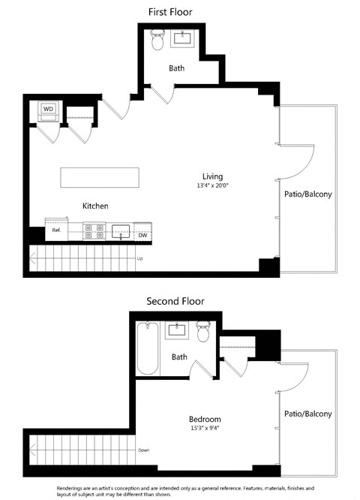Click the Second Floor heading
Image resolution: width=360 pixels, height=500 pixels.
175,301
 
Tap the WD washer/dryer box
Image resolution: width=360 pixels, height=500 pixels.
48,110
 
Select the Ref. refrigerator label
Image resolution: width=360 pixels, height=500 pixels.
56,230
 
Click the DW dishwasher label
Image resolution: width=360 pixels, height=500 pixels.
142,235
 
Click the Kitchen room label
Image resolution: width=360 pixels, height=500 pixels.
95,206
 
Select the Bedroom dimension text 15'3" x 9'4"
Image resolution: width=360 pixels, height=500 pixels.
205,429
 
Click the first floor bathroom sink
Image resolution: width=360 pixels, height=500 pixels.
184,38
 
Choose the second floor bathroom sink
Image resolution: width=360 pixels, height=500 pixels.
176,330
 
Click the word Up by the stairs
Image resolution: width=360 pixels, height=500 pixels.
139,259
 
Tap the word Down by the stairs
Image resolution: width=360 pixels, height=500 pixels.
144,450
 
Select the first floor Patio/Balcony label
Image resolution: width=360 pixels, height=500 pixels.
307,194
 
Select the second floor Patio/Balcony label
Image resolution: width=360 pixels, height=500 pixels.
307,413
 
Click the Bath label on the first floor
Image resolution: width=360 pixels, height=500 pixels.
176,68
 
